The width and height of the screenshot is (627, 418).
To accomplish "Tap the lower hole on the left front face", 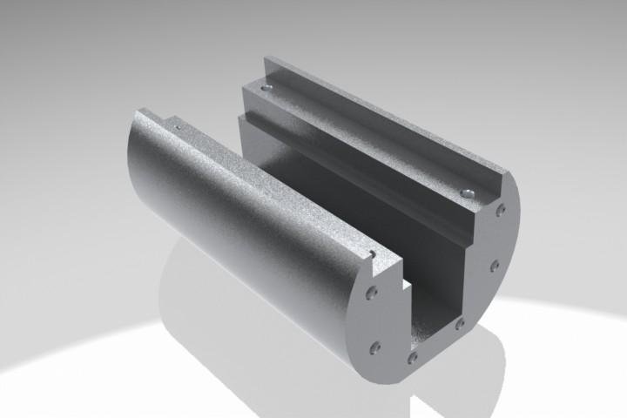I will click(375, 347).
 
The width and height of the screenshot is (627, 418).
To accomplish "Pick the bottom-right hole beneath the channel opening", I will click(459, 325).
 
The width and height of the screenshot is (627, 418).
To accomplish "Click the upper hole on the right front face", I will click(501, 210).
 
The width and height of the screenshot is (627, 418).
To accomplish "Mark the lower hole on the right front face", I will click(495, 265).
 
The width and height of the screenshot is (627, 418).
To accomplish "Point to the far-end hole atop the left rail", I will click(177, 128).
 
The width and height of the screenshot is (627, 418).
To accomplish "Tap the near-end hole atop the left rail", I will click(372, 254).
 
